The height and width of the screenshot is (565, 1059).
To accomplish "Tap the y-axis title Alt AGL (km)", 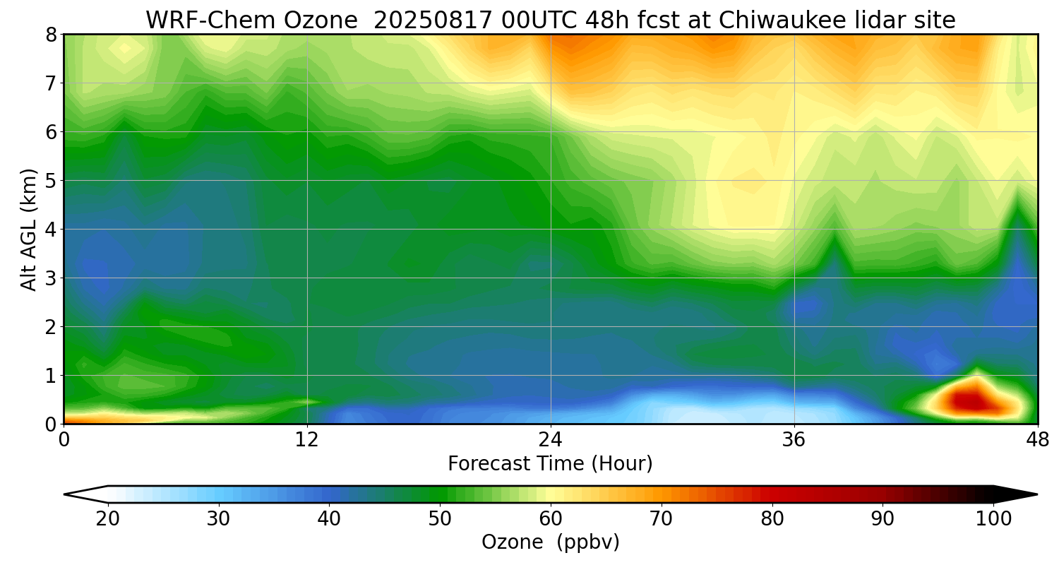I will click(x=29, y=229).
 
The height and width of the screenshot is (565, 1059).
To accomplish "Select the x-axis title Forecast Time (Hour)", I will click(x=550, y=464).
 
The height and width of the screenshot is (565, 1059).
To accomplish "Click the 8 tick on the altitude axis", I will click(x=50, y=35).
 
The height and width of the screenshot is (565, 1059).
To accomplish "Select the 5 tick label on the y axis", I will click(x=50, y=181).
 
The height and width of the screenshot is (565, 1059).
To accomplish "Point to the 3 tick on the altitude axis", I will click(x=50, y=278).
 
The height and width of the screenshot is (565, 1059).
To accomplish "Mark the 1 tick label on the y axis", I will click(x=50, y=376).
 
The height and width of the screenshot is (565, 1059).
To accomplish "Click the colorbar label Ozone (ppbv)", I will click(x=550, y=542).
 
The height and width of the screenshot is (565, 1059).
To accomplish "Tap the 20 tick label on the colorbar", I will click(x=108, y=519).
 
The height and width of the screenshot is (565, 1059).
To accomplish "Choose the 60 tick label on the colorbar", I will click(x=550, y=519).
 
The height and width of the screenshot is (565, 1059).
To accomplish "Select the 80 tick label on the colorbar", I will click(x=772, y=519).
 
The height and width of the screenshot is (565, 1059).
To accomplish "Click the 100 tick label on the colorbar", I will click(x=993, y=519).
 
